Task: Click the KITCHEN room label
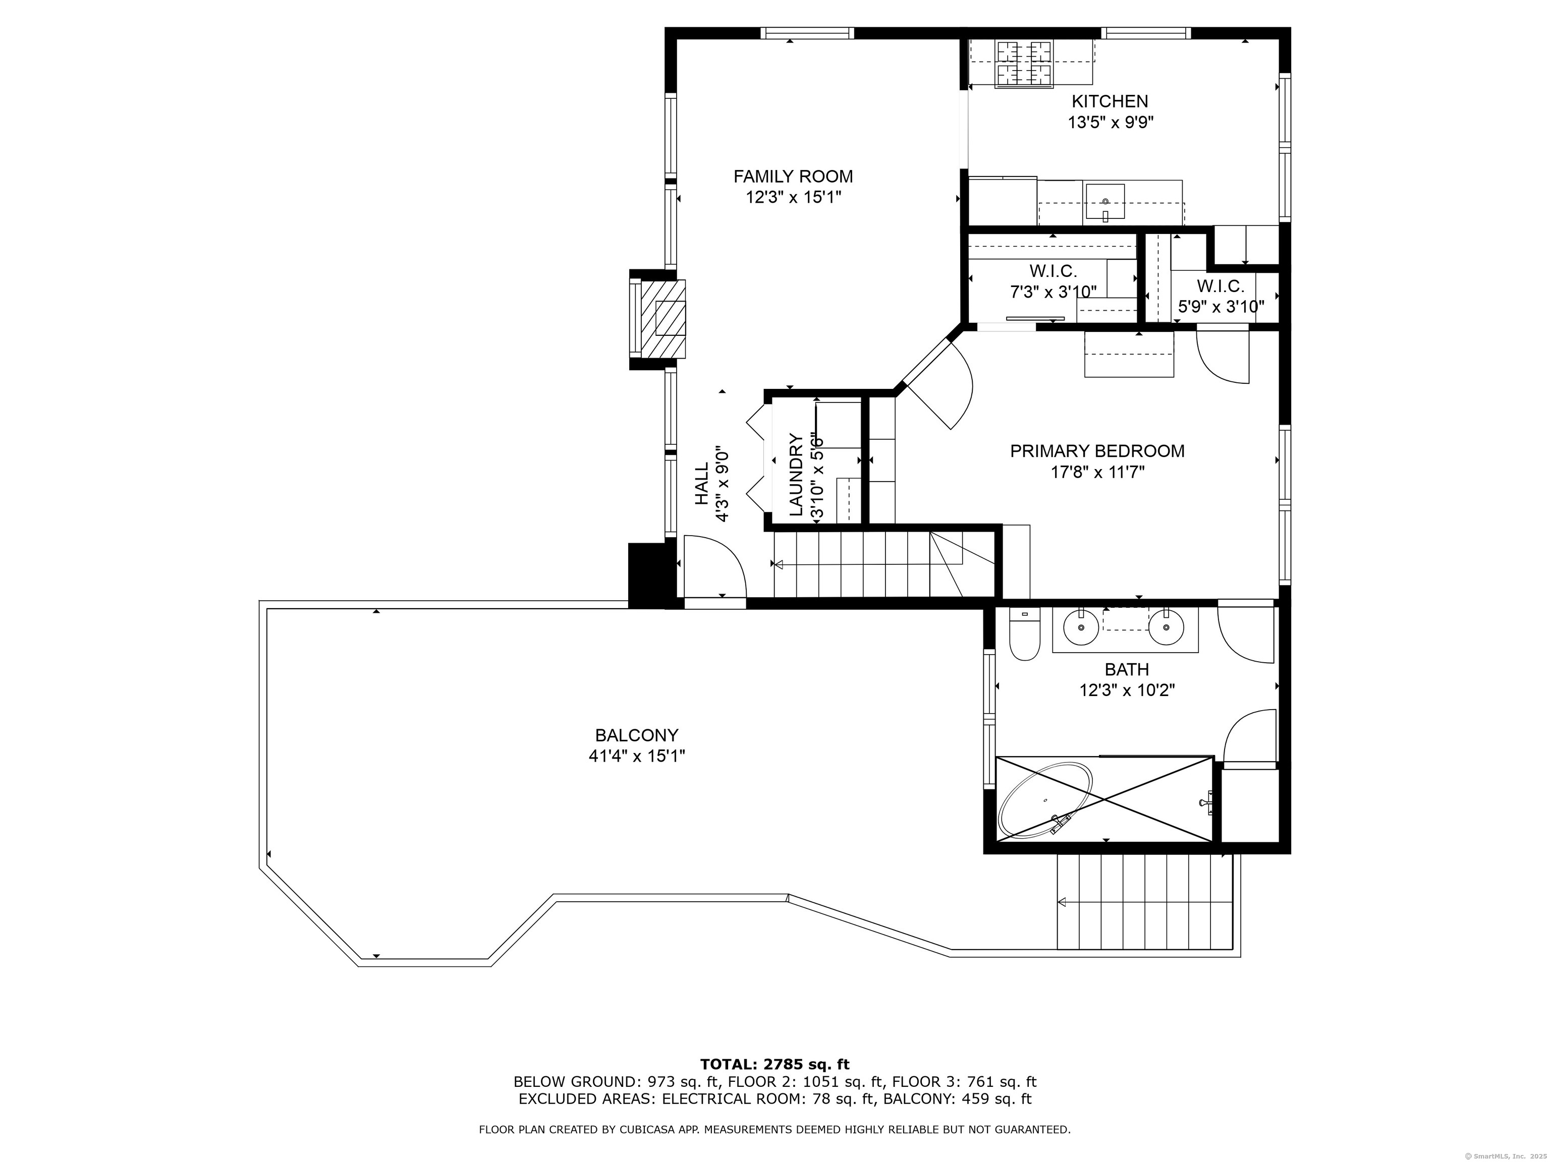tap(1110, 101)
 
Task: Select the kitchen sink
tap(1105, 202)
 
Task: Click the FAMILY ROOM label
tap(793, 177)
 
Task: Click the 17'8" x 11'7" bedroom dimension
tap(1097, 472)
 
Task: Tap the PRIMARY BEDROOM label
tap(1097, 451)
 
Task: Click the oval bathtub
tap(1045, 800)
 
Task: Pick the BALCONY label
tap(637, 735)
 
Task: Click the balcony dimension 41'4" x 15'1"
tap(637, 757)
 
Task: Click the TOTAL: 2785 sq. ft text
tap(774, 1065)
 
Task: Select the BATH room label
tap(1127, 670)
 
